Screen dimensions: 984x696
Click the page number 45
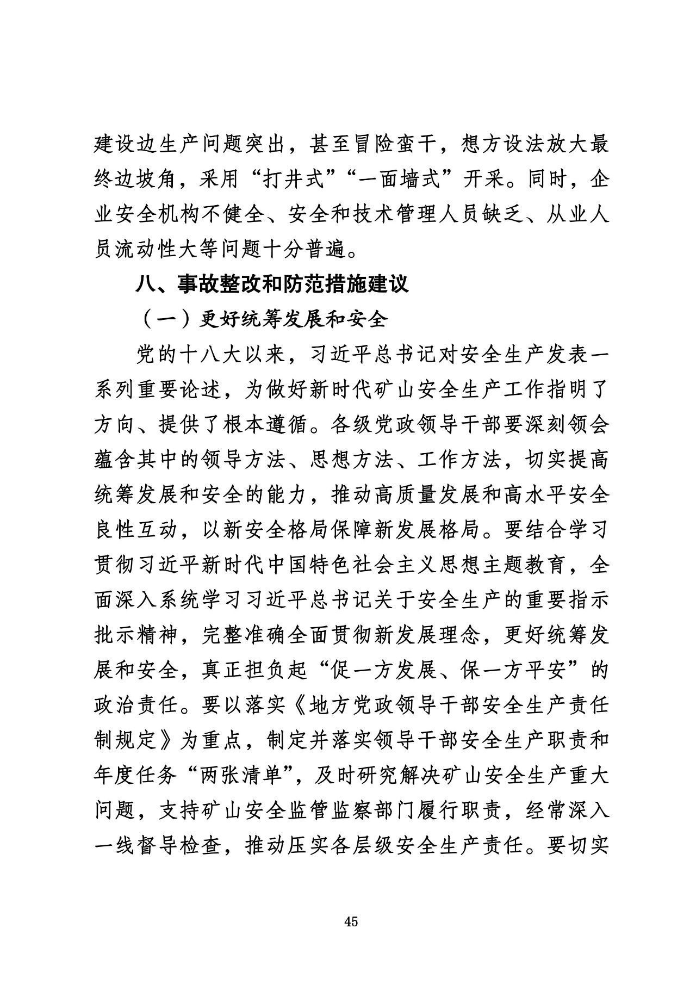pos(351,921)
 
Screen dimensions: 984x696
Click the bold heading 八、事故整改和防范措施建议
pos(272,284)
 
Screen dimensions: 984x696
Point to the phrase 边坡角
pos(148,180)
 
